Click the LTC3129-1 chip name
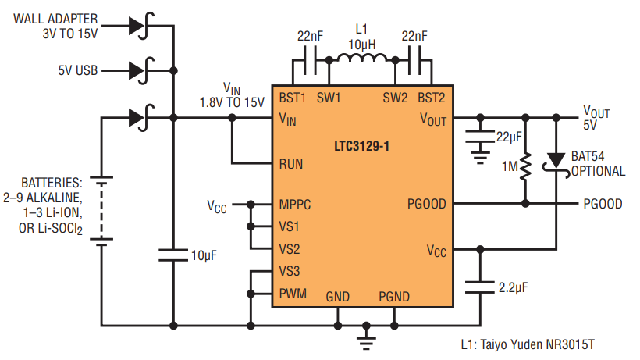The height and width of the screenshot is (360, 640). (x=361, y=146)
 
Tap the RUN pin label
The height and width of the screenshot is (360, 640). (x=291, y=164)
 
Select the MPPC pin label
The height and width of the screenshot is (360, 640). (x=295, y=204)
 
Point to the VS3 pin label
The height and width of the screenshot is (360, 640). (x=290, y=271)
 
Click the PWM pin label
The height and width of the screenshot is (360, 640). (x=293, y=294)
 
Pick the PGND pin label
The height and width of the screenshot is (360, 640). (x=394, y=297)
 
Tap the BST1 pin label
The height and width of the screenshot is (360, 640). (x=292, y=98)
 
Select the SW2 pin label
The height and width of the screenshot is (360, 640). (x=395, y=98)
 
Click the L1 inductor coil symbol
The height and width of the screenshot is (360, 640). (x=362, y=58)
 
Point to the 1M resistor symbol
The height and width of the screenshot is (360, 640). (x=526, y=166)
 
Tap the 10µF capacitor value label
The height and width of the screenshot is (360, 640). (x=204, y=255)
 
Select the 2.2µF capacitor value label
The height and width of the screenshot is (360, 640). (x=513, y=287)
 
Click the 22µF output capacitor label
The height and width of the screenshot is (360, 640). (x=509, y=137)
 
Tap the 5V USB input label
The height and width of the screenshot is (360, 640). (x=78, y=70)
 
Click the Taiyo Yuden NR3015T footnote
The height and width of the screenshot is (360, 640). (x=528, y=344)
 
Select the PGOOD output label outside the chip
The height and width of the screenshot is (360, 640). (x=603, y=204)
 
